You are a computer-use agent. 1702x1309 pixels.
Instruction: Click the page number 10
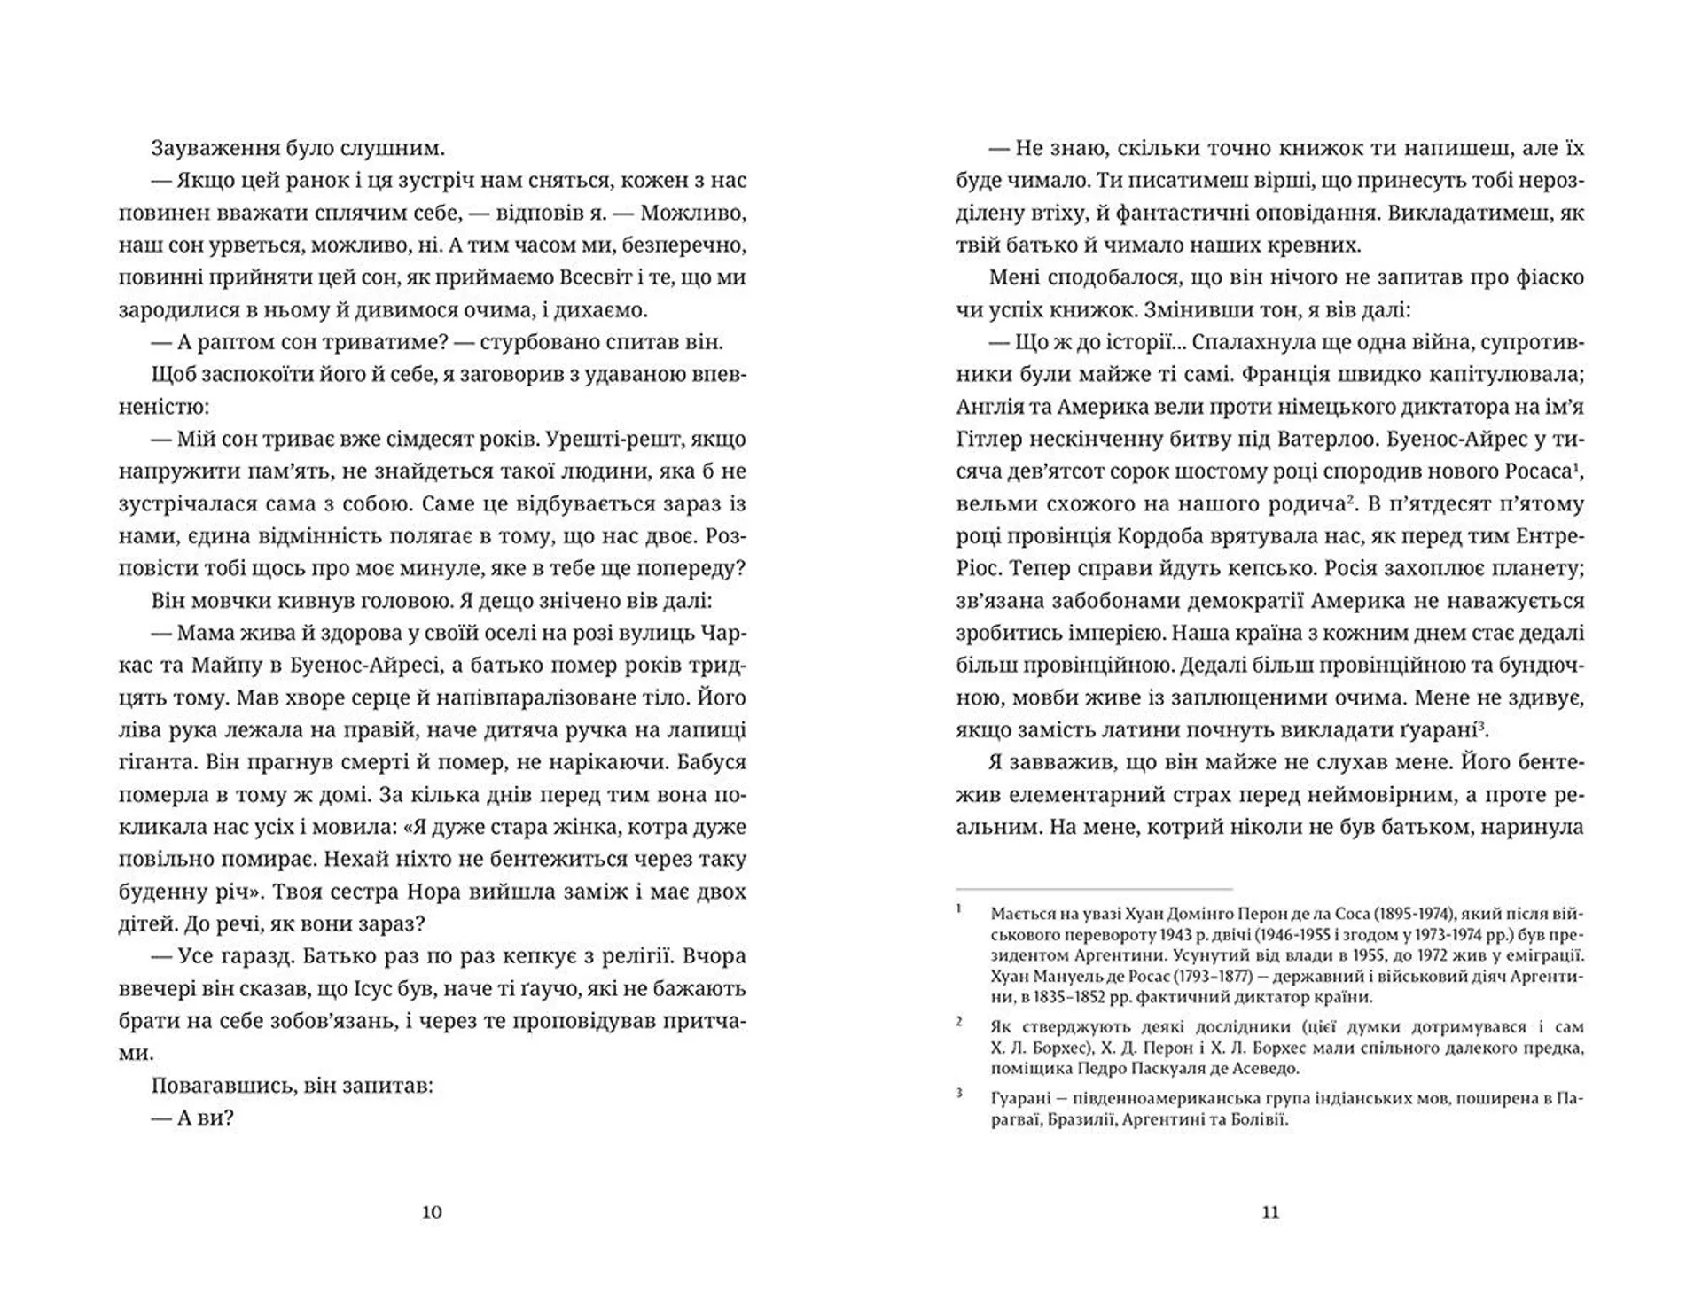pos(432,1212)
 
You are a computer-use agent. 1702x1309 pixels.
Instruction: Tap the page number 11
pos(1270,1212)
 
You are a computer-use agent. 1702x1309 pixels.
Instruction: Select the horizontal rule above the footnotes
pos(1094,889)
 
